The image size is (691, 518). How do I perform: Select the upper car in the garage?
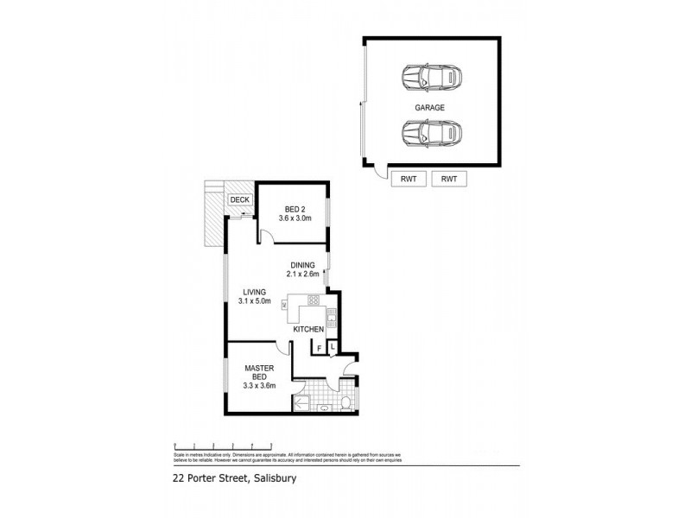pyautogui.click(x=431, y=79)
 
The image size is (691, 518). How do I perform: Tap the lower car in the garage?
pyautogui.click(x=431, y=134)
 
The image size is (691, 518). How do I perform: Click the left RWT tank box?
pyautogui.click(x=409, y=179)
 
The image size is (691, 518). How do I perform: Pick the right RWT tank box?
pyautogui.click(x=449, y=179)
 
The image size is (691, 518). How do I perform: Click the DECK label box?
pyautogui.click(x=238, y=200)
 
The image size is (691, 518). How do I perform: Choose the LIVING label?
pyautogui.click(x=255, y=292)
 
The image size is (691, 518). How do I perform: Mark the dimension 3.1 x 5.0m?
pyautogui.click(x=255, y=302)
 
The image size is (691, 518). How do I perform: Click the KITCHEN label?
pyautogui.click(x=308, y=331)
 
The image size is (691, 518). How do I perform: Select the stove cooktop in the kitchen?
pyautogui.click(x=314, y=301)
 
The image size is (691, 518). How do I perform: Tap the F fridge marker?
pyautogui.click(x=320, y=348)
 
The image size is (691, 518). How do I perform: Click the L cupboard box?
pyautogui.click(x=333, y=347)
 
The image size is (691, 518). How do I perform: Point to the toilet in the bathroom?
pyautogui.click(x=344, y=402)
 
